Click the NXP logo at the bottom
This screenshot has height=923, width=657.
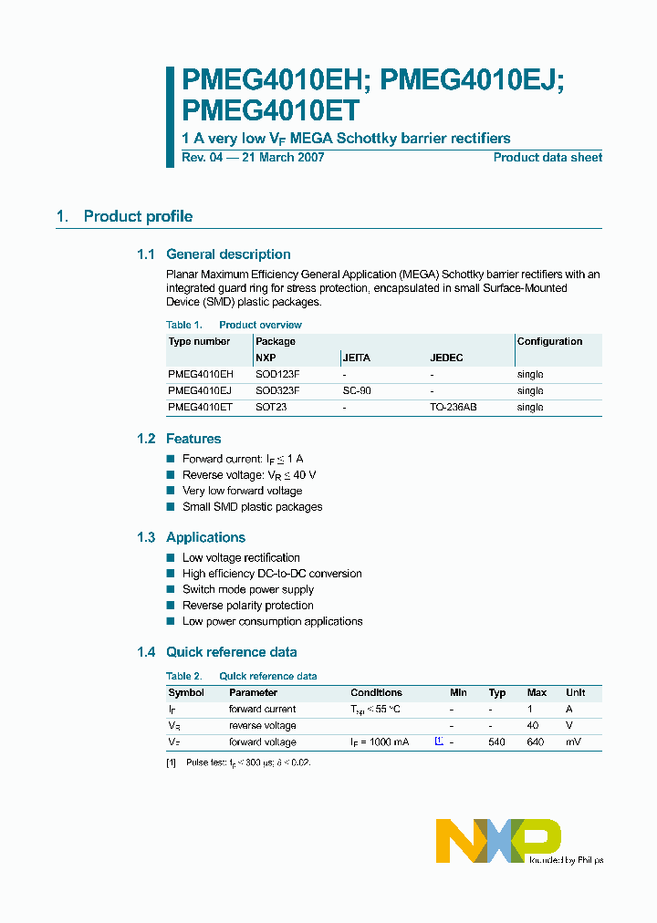click(498, 840)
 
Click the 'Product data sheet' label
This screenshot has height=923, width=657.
click(547, 158)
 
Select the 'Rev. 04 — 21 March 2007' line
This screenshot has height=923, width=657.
click(253, 158)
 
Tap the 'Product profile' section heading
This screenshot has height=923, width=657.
click(138, 216)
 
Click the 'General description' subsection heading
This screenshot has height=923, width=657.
click(228, 254)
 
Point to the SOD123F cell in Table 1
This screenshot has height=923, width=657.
click(277, 374)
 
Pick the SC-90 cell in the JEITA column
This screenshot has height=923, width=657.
click(357, 390)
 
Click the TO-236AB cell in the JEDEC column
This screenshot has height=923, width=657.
click(453, 407)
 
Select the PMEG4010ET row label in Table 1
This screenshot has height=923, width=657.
click(200, 407)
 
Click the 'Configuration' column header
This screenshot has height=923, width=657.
click(549, 341)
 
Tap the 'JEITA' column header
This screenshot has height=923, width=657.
click(356, 358)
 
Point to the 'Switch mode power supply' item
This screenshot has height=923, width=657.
click(247, 589)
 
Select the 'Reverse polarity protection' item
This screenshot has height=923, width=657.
click(247, 606)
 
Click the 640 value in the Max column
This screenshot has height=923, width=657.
click(535, 742)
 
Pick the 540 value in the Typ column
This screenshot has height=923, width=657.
click(496, 742)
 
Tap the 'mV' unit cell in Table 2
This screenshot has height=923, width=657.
click(573, 742)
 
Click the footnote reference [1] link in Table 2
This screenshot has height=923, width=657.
click(439, 742)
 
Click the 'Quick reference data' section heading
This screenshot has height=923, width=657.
click(231, 652)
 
